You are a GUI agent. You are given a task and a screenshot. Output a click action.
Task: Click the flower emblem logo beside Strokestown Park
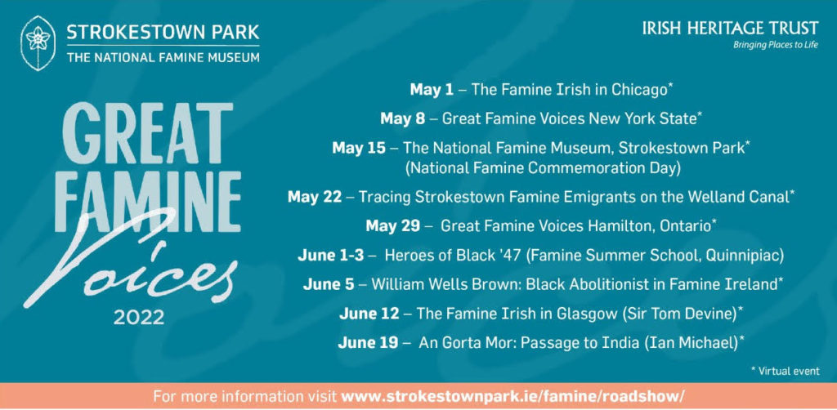pyautogui.click(x=38, y=43)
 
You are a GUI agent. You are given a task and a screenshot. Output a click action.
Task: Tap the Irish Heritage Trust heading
pyautogui.click(x=730, y=29)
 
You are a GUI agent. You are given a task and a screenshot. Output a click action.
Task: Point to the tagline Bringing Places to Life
pyautogui.click(x=776, y=45)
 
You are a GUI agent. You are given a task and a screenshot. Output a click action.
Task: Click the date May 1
pyautogui.click(x=432, y=90)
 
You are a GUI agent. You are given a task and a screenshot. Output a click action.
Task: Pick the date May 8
pyautogui.click(x=402, y=119)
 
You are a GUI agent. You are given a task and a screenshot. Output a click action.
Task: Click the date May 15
pyautogui.click(x=358, y=148)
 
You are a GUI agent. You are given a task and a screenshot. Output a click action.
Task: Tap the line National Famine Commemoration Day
pyautogui.click(x=543, y=168)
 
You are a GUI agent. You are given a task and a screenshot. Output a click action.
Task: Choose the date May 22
pyautogui.click(x=315, y=197)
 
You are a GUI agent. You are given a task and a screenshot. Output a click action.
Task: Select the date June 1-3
pyautogui.click(x=331, y=256)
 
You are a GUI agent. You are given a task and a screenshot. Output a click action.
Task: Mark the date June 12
pyautogui.click(x=369, y=314)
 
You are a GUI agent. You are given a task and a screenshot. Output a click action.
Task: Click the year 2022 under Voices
pyautogui.click(x=139, y=319)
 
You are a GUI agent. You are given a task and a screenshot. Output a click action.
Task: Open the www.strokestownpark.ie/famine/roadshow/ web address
pyautogui.click(x=512, y=397)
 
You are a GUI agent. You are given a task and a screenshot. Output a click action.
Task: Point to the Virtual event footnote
pyautogui.click(x=785, y=371)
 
